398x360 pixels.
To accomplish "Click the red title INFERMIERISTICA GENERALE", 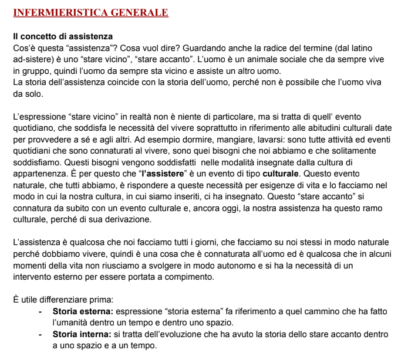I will tap(90, 12).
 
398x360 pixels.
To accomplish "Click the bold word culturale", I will tap(281, 174).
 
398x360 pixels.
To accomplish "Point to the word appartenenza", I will tap(39, 174).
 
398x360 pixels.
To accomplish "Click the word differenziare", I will tap(70, 300).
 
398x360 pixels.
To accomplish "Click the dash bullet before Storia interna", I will tap(40, 334).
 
